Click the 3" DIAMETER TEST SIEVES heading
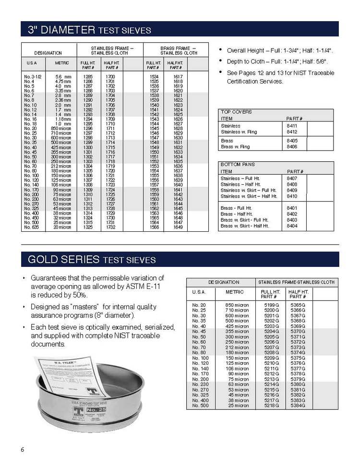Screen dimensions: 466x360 click(x=89, y=30)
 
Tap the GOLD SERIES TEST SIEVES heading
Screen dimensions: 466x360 click(x=92, y=260)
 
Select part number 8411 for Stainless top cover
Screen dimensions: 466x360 click(x=292, y=126)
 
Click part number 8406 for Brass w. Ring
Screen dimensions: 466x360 click(x=292, y=147)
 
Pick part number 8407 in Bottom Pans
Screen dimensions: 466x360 click(x=292, y=178)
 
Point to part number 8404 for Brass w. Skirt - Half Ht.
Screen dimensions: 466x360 click(x=292, y=226)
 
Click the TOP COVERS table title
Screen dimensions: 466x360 click(x=236, y=112)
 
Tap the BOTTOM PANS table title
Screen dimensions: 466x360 click(x=237, y=165)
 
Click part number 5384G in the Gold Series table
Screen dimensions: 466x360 click(x=298, y=406)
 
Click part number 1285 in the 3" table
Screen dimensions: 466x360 click(x=88, y=77)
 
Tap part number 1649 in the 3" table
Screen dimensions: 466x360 click(x=178, y=227)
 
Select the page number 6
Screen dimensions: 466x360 click(x=22, y=450)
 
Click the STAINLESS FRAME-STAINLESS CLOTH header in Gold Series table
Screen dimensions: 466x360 click(x=297, y=282)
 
